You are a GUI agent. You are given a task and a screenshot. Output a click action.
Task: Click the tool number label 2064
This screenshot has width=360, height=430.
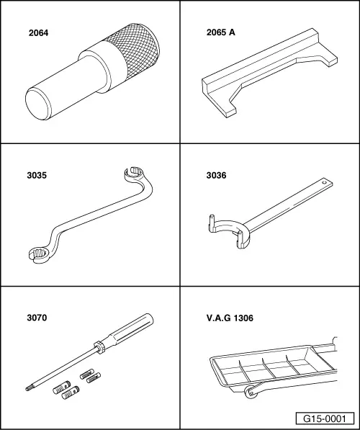[38, 33]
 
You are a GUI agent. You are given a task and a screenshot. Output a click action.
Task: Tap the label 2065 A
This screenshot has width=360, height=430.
[221, 32]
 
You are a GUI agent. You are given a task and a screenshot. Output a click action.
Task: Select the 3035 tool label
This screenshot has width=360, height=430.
[37, 175]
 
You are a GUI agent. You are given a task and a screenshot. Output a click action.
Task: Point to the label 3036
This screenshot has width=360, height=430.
[216, 175]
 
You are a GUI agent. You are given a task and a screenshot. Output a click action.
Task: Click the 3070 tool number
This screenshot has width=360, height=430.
[37, 318]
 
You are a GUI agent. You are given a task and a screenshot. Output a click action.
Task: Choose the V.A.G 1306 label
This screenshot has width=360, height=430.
[230, 318]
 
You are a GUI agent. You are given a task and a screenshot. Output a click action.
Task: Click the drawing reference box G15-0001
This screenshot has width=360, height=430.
[325, 418]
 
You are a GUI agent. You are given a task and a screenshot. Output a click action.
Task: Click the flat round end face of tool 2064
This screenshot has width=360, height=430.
[38, 103]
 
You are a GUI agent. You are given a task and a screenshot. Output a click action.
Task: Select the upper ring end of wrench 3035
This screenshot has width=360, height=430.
[134, 174]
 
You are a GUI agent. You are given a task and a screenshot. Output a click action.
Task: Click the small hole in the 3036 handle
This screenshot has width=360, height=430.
[325, 182]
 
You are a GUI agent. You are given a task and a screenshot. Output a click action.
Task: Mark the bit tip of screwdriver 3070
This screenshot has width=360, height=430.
[28, 388]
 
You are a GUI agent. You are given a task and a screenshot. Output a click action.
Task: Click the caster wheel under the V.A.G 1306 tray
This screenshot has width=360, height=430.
[251, 393]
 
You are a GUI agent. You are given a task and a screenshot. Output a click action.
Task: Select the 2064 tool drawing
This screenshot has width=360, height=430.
[92, 71]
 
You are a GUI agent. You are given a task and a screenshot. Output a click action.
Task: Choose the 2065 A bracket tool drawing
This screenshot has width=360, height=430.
[269, 73]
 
